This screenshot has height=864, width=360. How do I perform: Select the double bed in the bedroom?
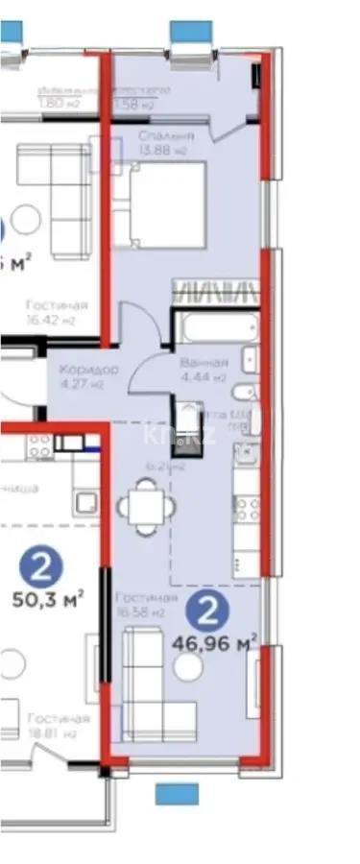point(159,204)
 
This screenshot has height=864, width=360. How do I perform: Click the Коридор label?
point(87,370)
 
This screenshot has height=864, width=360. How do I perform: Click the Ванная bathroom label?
point(204,363)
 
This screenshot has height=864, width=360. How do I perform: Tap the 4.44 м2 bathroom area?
point(203,377)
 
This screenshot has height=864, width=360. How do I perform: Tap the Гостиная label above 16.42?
point(58,305)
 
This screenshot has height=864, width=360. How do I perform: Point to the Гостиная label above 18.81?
point(58,718)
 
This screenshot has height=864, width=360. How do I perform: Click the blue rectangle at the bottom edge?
point(177,793)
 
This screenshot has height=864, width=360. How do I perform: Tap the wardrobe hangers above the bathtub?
point(215,292)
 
